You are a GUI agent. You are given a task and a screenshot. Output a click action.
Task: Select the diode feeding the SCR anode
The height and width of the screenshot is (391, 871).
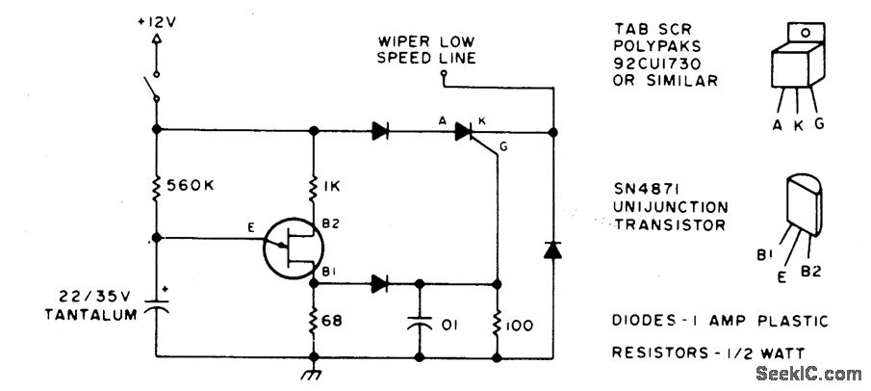click(379, 129)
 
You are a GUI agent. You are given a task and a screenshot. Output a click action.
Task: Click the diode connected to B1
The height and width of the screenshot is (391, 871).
click(379, 283)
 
